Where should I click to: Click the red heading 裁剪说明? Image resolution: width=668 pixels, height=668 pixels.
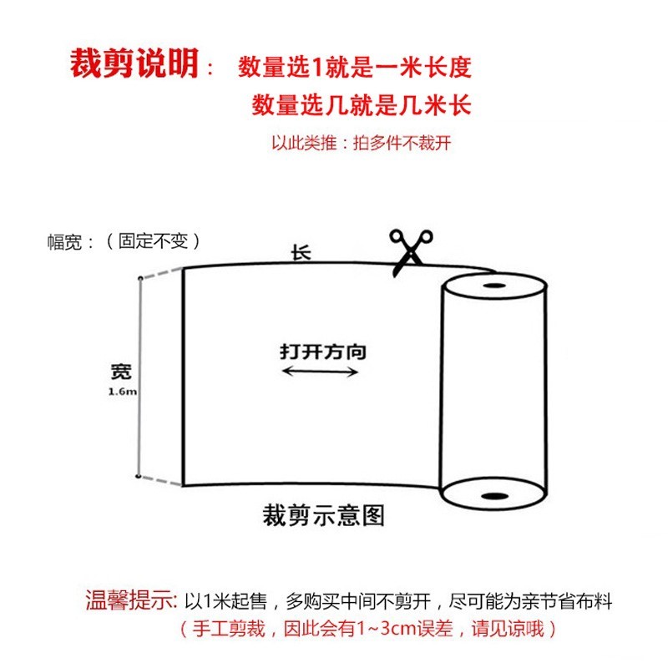[x=134, y=64]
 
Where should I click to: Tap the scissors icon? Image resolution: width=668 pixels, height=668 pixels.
[x=409, y=250]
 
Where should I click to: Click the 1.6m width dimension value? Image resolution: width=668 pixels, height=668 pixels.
[x=122, y=392]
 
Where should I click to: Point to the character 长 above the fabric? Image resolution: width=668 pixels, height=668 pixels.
[x=301, y=252]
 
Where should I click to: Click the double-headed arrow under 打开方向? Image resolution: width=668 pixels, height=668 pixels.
[x=321, y=372]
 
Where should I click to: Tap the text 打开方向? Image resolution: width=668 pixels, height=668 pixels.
[x=322, y=352]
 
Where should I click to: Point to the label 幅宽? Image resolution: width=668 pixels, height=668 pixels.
[x=66, y=242]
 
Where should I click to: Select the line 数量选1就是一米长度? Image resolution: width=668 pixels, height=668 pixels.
[x=361, y=67]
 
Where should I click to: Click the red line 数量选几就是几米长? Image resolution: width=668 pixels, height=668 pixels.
[x=361, y=105]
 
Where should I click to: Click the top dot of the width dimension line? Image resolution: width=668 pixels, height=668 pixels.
[x=138, y=277]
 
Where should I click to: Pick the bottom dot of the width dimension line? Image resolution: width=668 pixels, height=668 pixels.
[x=138, y=477]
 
